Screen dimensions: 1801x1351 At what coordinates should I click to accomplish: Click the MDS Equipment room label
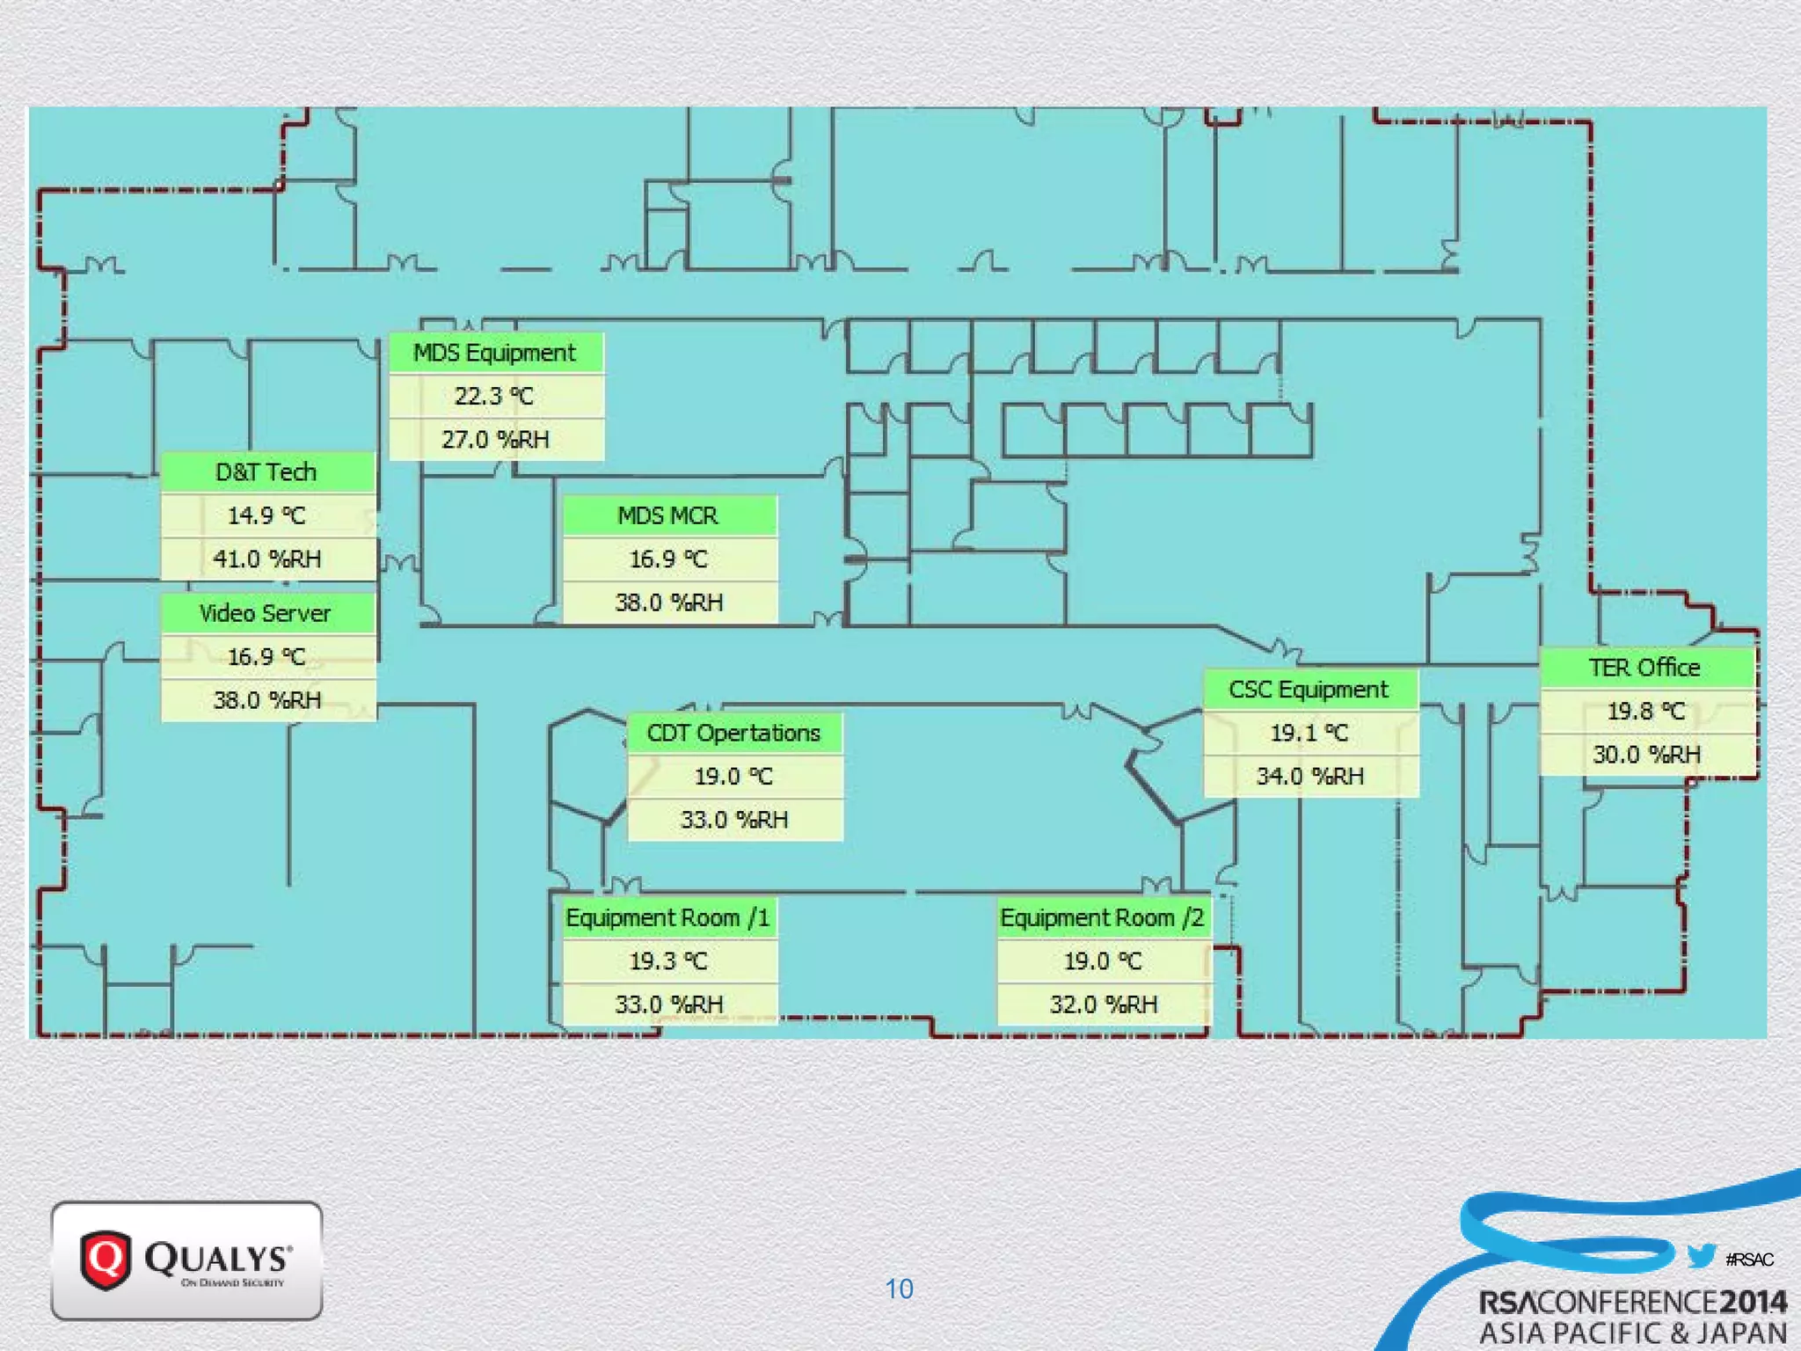coord(495,353)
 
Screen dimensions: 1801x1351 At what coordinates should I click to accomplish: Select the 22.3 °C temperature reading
coord(494,396)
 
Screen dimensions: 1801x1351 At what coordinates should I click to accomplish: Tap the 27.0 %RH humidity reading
coord(495,439)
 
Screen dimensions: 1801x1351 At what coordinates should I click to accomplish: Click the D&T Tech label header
coord(266,472)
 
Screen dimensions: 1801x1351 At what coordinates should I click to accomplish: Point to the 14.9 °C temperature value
coord(266,515)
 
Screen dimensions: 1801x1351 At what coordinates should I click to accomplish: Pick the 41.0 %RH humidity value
coord(266,559)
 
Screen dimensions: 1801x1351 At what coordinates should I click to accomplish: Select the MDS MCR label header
coord(669,515)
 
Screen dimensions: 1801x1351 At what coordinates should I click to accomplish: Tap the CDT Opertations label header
coord(734,733)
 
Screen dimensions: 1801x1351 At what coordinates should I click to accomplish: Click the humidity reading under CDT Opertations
coord(734,820)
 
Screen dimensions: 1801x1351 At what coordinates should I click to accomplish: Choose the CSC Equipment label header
coord(1309,690)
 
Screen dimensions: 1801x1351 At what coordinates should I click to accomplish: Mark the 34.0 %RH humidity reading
coord(1309,776)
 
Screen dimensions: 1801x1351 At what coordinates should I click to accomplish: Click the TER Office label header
coord(1646,668)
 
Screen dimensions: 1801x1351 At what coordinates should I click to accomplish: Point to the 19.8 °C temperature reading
coord(1646,711)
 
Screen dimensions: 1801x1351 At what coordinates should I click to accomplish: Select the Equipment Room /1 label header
coord(669,917)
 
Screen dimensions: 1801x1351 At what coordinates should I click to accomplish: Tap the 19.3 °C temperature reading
coord(668,960)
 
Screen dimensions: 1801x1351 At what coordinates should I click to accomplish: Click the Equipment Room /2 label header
coord(1104,917)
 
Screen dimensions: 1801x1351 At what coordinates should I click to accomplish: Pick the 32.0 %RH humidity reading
coord(1104,1004)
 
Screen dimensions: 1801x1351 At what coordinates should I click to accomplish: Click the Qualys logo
coord(186,1260)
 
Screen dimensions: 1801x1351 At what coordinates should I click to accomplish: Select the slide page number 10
coord(899,1289)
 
